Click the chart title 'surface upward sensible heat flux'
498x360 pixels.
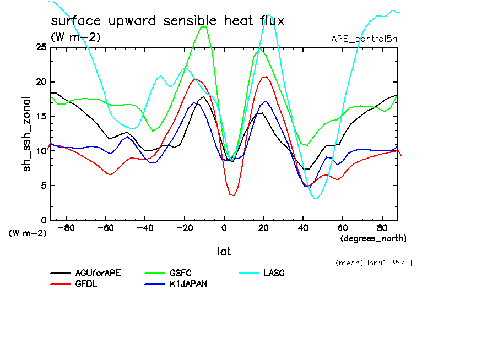(167, 21)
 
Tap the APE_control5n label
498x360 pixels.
(364, 39)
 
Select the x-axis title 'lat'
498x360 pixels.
(224, 252)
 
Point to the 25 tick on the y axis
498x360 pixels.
(41, 47)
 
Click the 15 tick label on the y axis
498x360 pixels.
(41, 116)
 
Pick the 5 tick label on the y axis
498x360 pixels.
(44, 186)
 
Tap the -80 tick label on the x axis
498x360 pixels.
(66, 227)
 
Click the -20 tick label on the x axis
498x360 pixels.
(185, 227)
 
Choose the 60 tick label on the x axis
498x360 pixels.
(343, 227)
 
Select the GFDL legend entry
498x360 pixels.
(86, 284)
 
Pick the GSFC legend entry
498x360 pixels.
(181, 273)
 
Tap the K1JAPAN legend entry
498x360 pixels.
(188, 284)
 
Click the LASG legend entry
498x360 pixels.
(274, 273)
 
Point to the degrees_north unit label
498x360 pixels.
(374, 238)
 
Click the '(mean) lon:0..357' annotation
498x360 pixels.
(370, 263)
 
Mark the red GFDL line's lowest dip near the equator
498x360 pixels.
(233, 195)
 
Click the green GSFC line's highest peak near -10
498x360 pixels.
(203, 26)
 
